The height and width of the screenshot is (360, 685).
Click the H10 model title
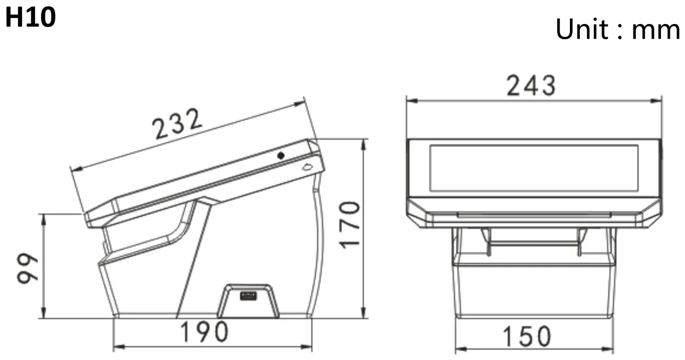pyautogui.click(x=31, y=18)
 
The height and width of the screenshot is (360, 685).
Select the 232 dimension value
pyautogui.click(x=177, y=124)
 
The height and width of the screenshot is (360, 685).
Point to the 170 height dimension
pyautogui.click(x=351, y=225)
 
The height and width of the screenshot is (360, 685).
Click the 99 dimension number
pyautogui.click(x=29, y=268)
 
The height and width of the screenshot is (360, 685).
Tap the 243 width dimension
pyautogui.click(x=531, y=86)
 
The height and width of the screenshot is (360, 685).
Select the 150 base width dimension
pyautogui.click(x=526, y=337)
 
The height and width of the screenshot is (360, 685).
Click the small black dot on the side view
pyautogui.click(x=281, y=155)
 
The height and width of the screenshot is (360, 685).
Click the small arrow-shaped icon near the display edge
pyautogui.click(x=308, y=166)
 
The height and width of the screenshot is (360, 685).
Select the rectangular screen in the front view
pyautogui.click(x=533, y=168)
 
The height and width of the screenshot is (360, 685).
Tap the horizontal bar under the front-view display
pyautogui.click(x=533, y=215)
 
